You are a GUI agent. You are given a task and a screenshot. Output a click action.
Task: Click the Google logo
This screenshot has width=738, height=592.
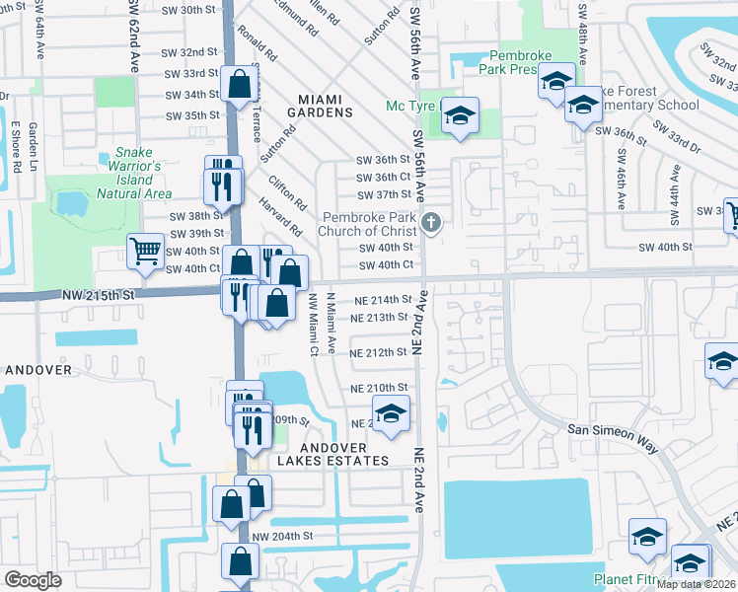point(34,580)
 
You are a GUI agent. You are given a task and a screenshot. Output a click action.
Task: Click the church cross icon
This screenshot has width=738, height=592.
point(429,223)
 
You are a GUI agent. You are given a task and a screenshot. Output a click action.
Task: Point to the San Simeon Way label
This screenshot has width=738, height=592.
point(612,438)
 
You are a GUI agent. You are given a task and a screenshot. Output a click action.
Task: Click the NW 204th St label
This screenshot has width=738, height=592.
point(283,536)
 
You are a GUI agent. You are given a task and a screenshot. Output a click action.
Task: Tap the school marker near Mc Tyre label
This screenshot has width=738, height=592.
point(460,117)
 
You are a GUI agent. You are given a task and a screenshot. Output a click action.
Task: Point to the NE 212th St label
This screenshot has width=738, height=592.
point(379,352)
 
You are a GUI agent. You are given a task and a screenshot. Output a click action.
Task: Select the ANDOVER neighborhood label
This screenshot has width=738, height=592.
point(38,370)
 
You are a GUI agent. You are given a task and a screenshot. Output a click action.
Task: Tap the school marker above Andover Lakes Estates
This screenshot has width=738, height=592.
point(391,414)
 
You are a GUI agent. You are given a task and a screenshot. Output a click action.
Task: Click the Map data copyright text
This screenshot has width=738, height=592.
point(697,584)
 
